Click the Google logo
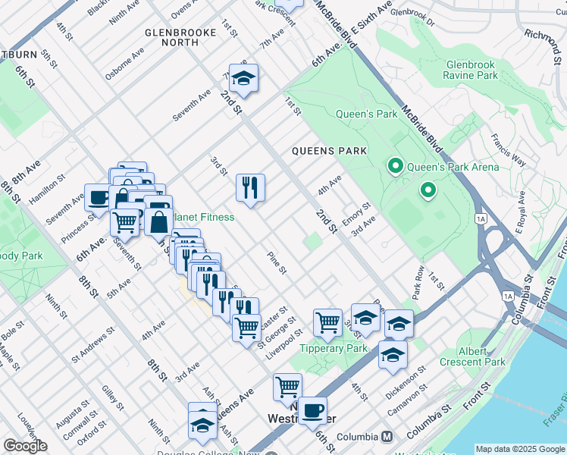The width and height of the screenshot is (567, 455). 25,446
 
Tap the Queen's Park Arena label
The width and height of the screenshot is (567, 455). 453,167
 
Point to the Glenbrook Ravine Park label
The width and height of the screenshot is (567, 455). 471,71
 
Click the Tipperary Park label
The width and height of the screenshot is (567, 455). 333,349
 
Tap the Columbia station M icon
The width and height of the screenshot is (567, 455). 387,437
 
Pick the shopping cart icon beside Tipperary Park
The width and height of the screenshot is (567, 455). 327,322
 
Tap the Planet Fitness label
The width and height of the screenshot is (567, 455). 203,218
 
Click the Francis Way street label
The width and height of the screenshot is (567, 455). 508,149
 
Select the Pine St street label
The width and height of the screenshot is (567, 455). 277,263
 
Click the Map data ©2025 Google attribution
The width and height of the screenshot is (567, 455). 519,449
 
